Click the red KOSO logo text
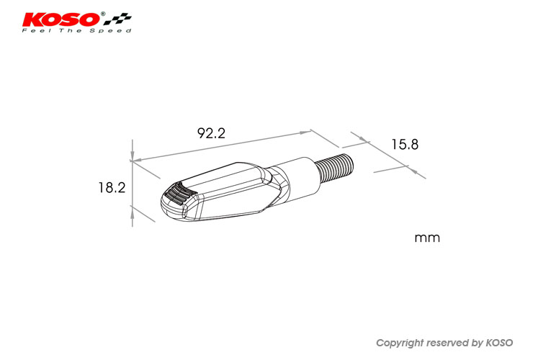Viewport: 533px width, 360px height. coord(61,19)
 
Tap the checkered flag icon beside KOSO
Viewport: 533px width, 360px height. coord(117,19)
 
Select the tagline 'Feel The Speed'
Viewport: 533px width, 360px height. coord(77,30)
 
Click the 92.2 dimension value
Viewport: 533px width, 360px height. coord(212,133)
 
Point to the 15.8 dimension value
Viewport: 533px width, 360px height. coord(405,145)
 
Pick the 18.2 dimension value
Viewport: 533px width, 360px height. coord(112,188)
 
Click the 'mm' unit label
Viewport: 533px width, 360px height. coord(427,238)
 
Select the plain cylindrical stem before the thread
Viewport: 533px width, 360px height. coord(297,179)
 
